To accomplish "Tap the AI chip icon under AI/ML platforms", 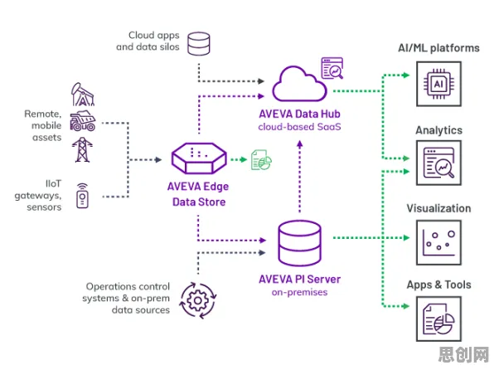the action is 438,84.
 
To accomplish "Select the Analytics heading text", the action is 438,130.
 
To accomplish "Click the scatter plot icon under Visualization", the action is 438,242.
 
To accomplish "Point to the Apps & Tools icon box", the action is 438,319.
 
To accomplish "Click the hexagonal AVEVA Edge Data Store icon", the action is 199,158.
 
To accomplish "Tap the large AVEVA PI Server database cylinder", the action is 299,243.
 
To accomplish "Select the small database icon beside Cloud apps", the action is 199,44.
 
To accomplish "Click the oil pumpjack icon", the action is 83,95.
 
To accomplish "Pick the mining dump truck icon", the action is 83,121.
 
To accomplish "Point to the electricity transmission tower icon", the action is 82,150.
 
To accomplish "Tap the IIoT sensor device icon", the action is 83,196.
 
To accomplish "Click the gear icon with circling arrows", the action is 198,300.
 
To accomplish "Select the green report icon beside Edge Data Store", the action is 261,160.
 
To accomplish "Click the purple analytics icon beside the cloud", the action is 332,68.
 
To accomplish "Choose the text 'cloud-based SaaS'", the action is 299,127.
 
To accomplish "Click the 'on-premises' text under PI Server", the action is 299,292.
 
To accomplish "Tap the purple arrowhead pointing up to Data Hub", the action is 299,144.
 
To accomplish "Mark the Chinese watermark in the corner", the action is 464,354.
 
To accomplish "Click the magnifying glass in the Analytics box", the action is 445,168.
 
